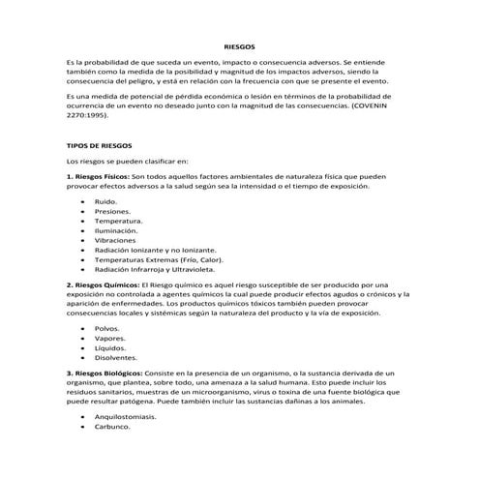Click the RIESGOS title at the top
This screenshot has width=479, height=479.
click(x=239, y=45)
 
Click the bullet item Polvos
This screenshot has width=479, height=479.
click(x=107, y=328)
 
